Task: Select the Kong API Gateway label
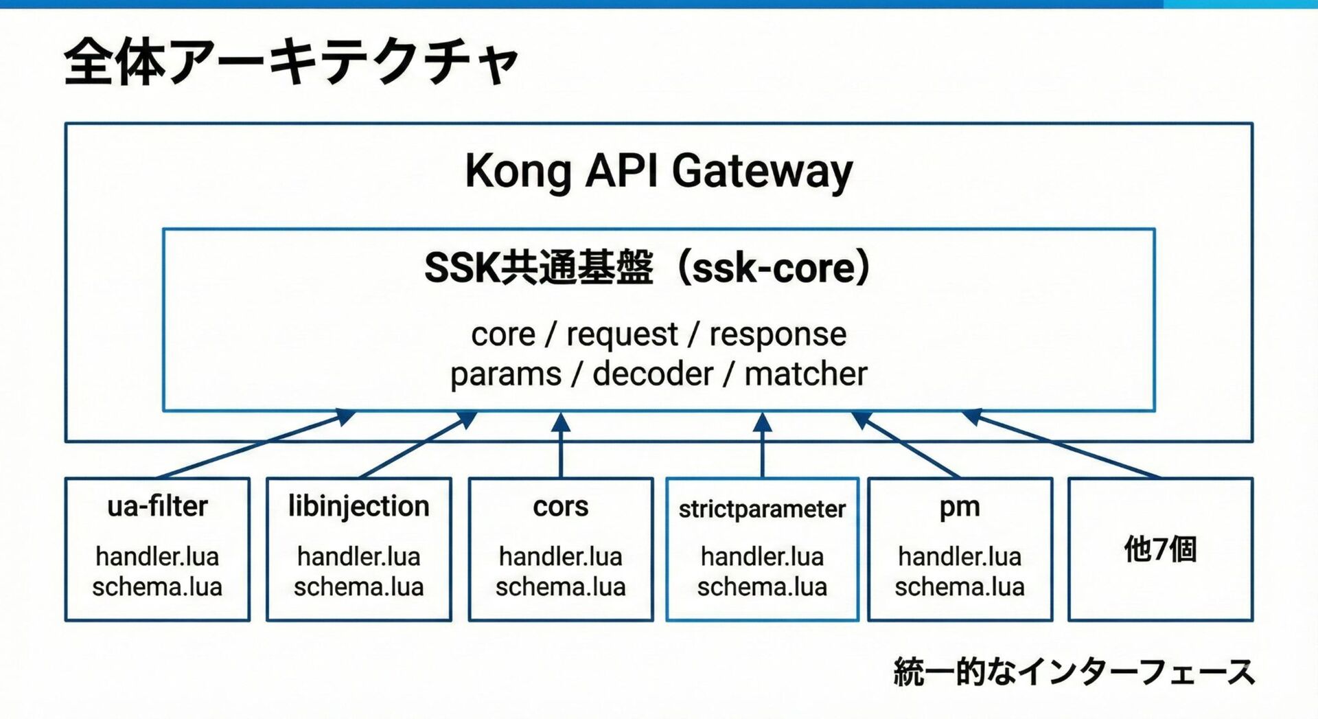[x=658, y=170]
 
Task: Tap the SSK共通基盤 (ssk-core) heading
[x=647, y=268]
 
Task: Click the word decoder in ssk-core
[x=653, y=374]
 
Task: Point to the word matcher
[x=806, y=374]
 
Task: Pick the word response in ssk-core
[x=778, y=334]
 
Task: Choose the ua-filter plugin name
[x=157, y=507]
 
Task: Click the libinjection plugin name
[x=358, y=507]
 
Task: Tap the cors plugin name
[x=560, y=507]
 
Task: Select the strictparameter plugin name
[x=762, y=510]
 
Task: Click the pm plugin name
[x=960, y=507]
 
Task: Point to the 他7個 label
[x=1160, y=549]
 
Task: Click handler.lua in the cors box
[x=560, y=556]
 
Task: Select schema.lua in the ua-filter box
[x=157, y=587]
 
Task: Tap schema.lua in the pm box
[x=960, y=587]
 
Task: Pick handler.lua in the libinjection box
[x=358, y=556]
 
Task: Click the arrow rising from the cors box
[x=561, y=446]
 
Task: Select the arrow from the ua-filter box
[x=254, y=444]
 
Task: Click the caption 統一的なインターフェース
[x=1074, y=672]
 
